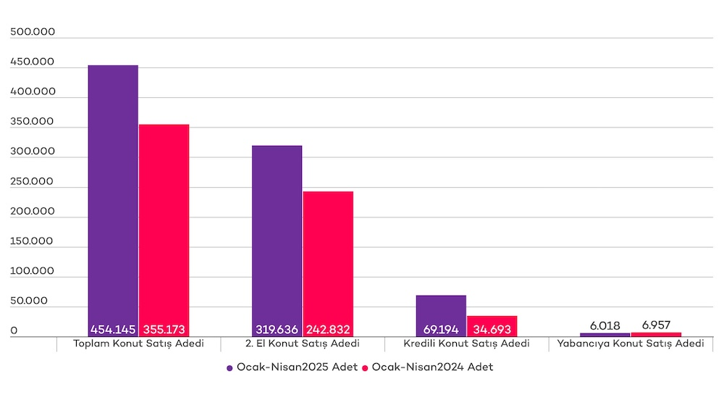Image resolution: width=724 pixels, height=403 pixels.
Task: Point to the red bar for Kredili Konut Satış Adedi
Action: tap(492, 320)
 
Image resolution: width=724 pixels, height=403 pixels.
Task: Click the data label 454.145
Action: tap(113, 329)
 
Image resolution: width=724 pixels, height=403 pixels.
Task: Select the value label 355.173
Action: tap(164, 329)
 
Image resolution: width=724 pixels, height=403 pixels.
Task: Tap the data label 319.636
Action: tap(277, 329)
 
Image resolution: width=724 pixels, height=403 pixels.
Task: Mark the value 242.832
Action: tap(328, 329)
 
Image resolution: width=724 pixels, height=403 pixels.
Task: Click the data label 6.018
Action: tap(605, 325)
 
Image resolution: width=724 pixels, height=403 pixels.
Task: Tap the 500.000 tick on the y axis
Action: tap(33, 33)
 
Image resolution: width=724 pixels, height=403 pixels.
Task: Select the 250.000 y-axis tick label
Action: tap(33, 182)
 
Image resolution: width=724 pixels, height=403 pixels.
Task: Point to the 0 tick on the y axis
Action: tap(14, 331)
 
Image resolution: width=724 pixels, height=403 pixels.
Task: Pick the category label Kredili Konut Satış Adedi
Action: tap(466, 344)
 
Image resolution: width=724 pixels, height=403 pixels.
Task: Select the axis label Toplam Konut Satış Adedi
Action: tap(138, 344)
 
